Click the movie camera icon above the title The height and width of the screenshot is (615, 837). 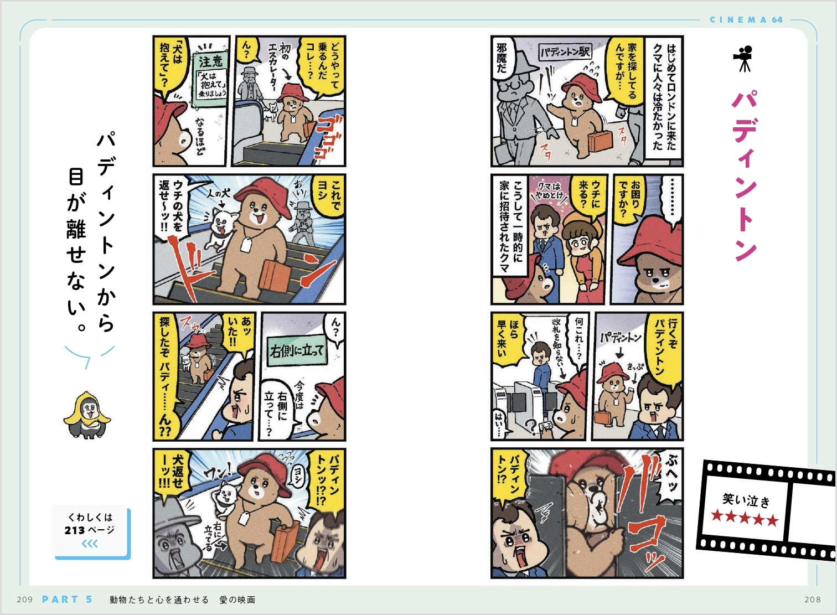click(743, 59)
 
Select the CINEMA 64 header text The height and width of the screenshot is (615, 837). click(746, 20)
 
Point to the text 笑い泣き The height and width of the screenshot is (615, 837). click(746, 500)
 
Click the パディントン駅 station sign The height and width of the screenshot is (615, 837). click(565, 52)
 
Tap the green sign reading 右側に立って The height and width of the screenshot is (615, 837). click(297, 351)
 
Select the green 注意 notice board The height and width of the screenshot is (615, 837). click(210, 79)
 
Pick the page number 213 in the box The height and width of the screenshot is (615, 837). click(75, 530)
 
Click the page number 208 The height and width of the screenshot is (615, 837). click(813, 600)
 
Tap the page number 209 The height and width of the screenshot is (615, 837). click(25, 600)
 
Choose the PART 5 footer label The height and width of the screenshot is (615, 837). click(68, 600)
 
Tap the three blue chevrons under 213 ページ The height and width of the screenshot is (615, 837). click(90, 544)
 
